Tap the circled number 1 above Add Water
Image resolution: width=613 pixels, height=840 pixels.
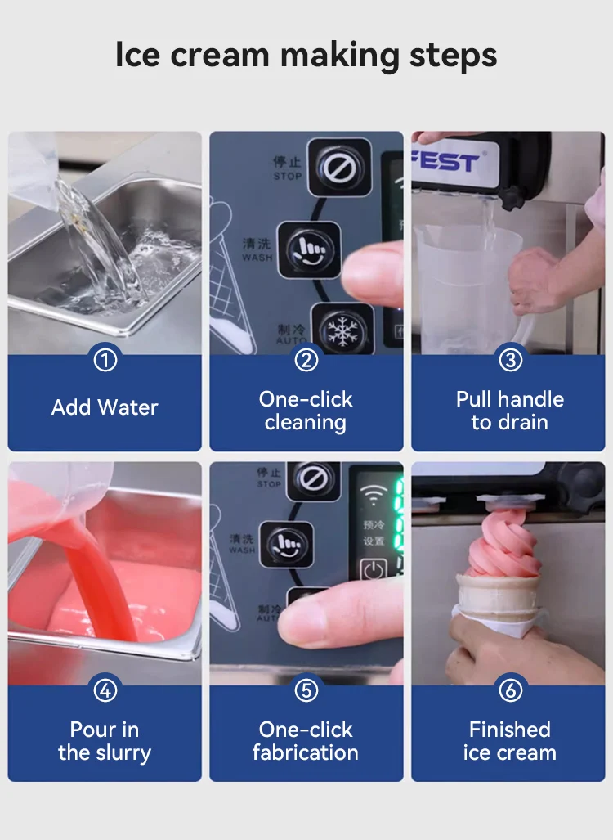tap(105, 360)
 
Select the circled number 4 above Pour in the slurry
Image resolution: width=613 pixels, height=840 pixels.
tap(105, 690)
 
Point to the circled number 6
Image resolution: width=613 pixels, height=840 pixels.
tap(509, 690)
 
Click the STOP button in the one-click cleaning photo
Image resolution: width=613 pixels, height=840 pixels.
tap(339, 167)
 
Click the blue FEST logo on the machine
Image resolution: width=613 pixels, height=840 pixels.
tap(445, 161)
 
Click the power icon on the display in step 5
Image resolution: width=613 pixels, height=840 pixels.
tap(374, 570)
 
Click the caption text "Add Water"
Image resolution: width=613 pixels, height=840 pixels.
tap(105, 407)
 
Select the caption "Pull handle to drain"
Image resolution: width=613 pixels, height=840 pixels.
tap(509, 411)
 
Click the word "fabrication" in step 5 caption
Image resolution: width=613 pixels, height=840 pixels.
tap(305, 752)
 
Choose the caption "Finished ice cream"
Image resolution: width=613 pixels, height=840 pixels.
tap(509, 741)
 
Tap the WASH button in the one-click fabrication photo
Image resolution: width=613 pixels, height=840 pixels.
tap(286, 544)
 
